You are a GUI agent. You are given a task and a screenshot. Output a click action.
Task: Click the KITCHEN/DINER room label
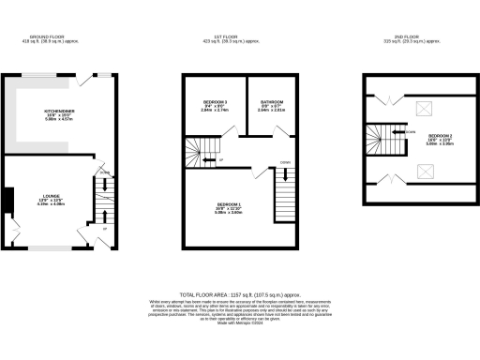click(x=59, y=110)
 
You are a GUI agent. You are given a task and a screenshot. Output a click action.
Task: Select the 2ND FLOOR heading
click(x=412, y=39)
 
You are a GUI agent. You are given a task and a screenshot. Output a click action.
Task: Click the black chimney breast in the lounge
click(x=7, y=201)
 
